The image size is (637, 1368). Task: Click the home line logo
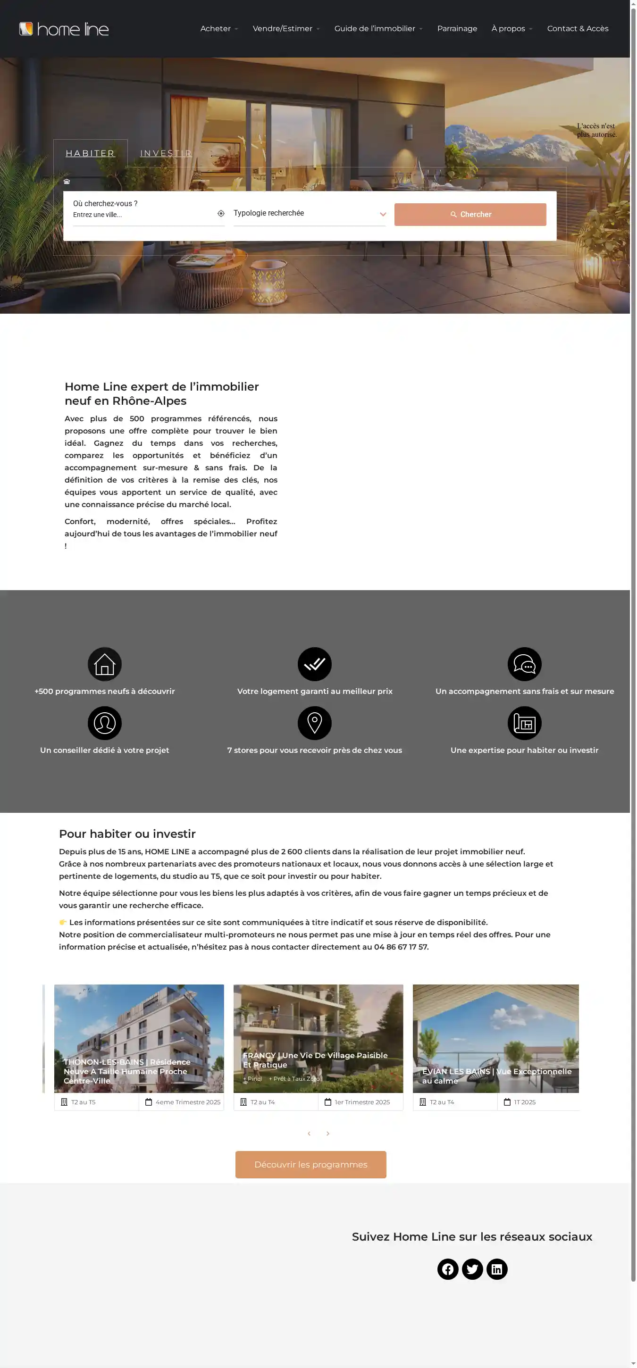[x=64, y=29]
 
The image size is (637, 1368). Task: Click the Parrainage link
[x=457, y=29]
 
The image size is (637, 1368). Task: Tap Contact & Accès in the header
[x=578, y=29]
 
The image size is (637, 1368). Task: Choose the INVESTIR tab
[x=166, y=153]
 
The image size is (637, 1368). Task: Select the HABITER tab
[x=90, y=153]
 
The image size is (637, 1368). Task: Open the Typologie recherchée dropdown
[x=309, y=214]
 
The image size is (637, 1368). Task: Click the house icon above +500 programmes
[x=105, y=664]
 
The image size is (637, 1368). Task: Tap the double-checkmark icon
[x=315, y=664]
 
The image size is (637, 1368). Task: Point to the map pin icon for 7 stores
[x=315, y=723]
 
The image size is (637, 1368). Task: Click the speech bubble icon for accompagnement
[x=524, y=664]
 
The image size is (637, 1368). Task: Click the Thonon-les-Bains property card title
[x=127, y=1071]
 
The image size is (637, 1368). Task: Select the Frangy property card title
[x=315, y=1060]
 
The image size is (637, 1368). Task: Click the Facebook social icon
[x=448, y=1269]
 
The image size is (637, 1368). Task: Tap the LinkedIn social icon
[x=497, y=1269]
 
